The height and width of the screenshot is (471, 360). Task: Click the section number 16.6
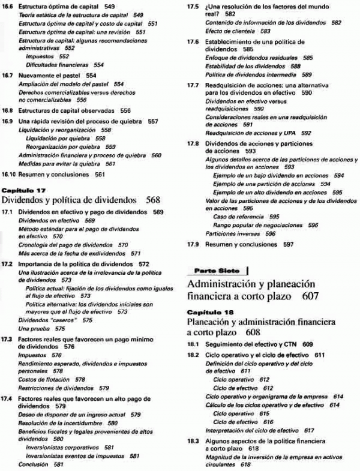8,6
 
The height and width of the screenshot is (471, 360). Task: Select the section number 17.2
8,263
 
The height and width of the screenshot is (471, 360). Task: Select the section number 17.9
192,245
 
